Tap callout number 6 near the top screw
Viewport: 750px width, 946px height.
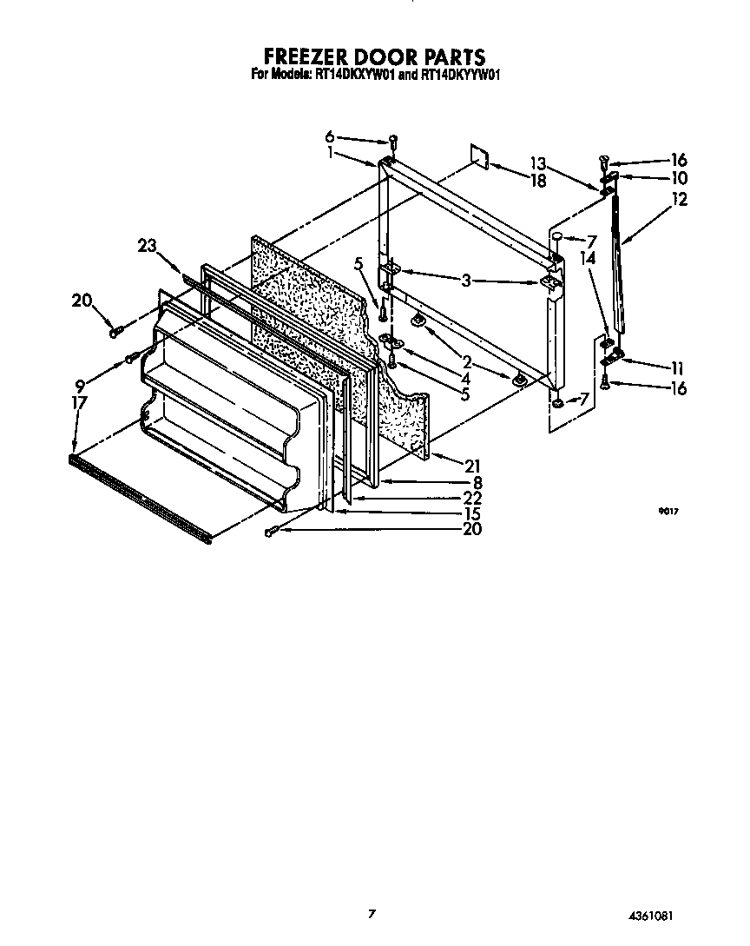click(330, 136)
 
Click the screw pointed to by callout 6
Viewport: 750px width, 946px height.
click(392, 140)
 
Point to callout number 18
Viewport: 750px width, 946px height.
click(538, 180)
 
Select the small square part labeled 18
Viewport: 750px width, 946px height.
click(480, 154)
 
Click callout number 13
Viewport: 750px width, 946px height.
click(538, 163)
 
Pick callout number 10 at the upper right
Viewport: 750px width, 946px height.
click(678, 178)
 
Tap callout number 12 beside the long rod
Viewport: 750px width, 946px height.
click(678, 200)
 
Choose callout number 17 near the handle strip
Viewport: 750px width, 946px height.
click(79, 403)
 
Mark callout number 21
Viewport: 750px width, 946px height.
click(472, 466)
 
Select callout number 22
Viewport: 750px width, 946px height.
click(472, 498)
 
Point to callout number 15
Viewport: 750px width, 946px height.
click(472, 513)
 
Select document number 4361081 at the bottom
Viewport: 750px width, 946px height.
click(652, 916)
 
